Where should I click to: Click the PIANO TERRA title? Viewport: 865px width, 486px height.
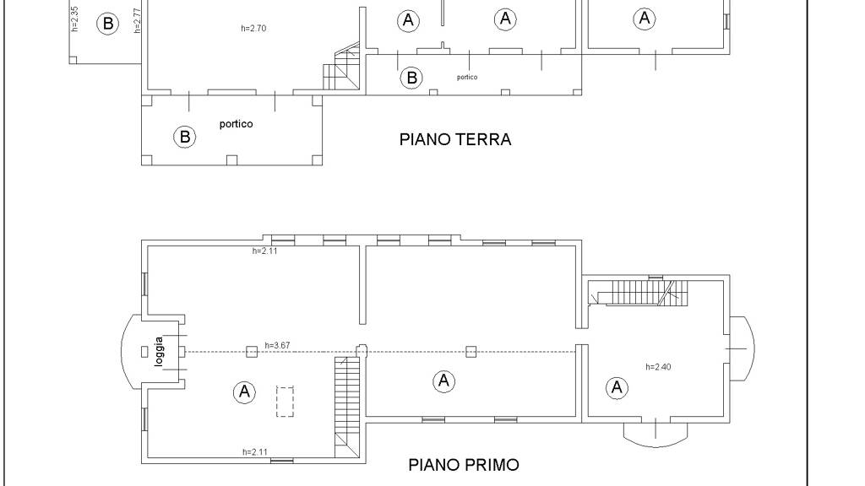(x=455, y=139)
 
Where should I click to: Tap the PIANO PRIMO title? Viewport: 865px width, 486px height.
(x=464, y=465)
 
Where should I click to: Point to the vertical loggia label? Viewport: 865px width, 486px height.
(x=159, y=352)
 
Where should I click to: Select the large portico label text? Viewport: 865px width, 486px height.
(x=237, y=124)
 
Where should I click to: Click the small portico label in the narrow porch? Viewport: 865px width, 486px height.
(x=467, y=77)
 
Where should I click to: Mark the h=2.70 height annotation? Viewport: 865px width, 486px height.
(x=253, y=28)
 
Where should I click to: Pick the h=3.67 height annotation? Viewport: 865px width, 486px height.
(x=277, y=345)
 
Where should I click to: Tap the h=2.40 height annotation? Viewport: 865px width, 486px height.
(x=658, y=367)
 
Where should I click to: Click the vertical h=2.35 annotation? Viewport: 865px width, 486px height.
(x=75, y=19)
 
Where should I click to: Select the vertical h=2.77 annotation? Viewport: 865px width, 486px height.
(x=138, y=20)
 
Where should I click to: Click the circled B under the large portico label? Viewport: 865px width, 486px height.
(x=185, y=137)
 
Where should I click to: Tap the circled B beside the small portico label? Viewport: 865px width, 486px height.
(x=411, y=78)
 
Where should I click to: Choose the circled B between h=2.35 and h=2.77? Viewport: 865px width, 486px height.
(x=107, y=24)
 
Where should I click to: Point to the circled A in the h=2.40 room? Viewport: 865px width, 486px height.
(x=617, y=387)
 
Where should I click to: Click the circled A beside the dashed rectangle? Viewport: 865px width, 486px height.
(x=244, y=391)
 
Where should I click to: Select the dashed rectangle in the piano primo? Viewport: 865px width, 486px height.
(x=285, y=402)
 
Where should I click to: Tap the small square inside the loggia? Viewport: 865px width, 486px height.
(x=144, y=352)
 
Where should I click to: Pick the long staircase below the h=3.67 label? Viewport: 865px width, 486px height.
(x=347, y=407)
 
